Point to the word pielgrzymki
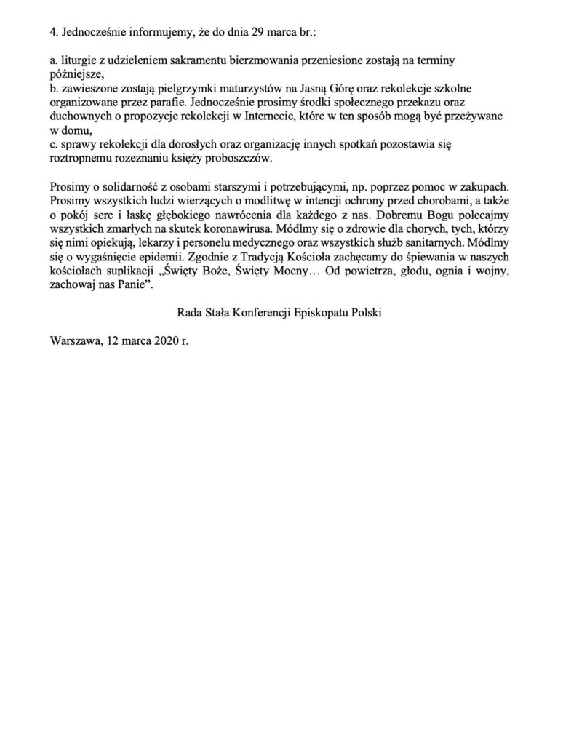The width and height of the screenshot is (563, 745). coord(178,87)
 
